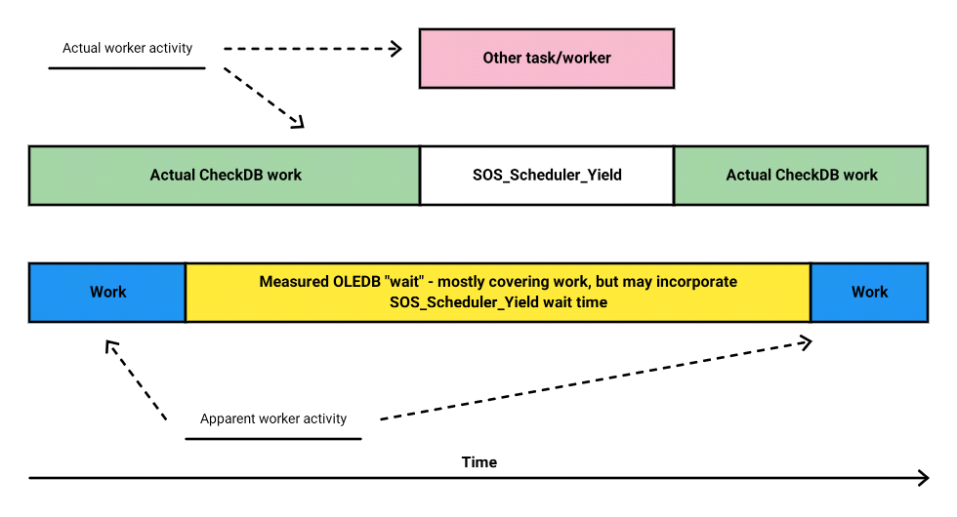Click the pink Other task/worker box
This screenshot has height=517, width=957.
(547, 59)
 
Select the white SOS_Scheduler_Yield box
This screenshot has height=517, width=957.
(547, 176)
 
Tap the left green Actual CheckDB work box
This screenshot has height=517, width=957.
(225, 176)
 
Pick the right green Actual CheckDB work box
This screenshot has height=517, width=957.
(802, 176)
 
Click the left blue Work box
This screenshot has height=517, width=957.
(107, 293)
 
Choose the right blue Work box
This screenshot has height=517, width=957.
(870, 293)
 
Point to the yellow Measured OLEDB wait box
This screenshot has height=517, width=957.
(498, 293)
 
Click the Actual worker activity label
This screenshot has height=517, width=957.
(128, 48)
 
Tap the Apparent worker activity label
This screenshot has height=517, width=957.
(273, 418)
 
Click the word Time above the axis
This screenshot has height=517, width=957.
(479, 462)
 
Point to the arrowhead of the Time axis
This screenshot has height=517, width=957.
(929, 478)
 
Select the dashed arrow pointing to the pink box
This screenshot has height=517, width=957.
(312, 49)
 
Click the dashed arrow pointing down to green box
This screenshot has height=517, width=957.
(264, 98)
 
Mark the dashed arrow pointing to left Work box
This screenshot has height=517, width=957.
(136, 379)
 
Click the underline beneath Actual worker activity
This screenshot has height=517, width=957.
(127, 68)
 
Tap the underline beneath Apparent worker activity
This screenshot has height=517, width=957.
(273, 438)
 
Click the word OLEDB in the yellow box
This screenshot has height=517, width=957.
(357, 282)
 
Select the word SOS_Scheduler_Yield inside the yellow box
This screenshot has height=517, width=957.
(464, 302)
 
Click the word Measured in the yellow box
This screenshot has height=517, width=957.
(294, 282)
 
